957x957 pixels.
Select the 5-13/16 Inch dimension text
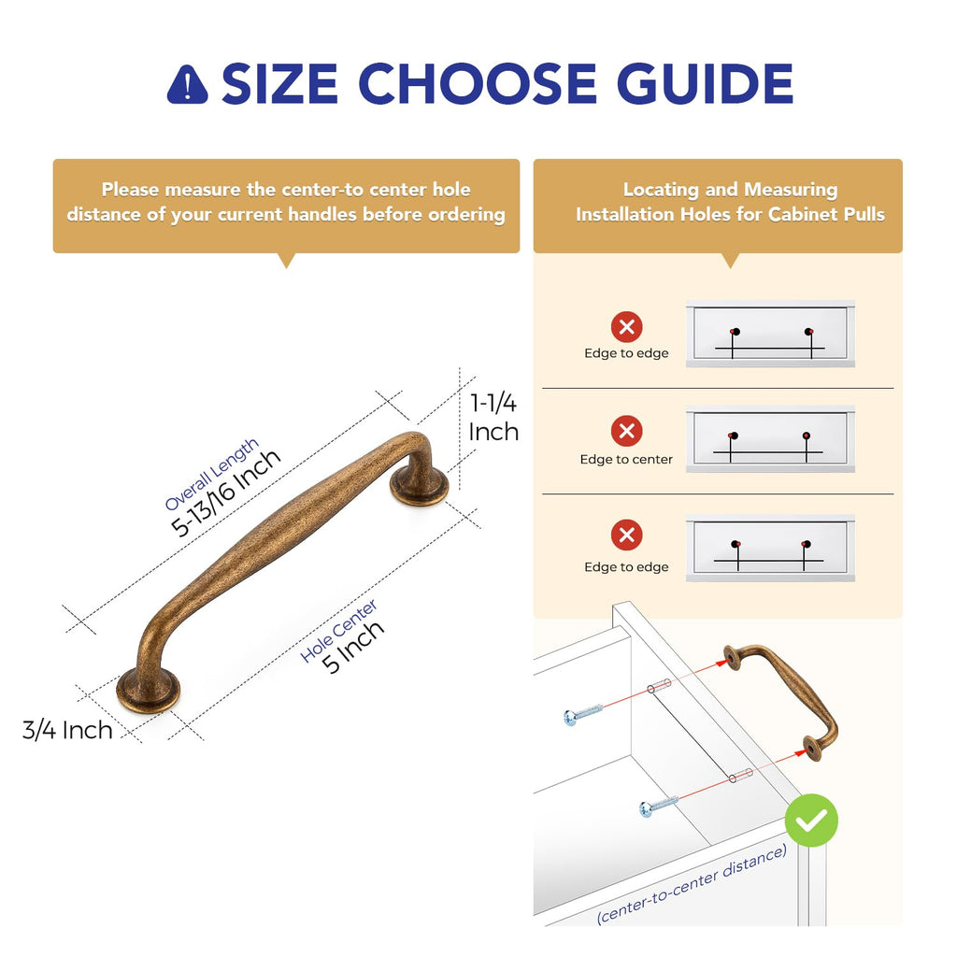pos(225,493)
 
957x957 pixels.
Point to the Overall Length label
pos(212,474)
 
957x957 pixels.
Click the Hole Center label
pos(338,631)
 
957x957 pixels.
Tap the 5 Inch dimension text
pos(353,647)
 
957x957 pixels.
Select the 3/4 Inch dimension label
pos(67,730)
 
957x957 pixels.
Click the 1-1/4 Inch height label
pos(493,418)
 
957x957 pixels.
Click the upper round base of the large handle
pos(420,486)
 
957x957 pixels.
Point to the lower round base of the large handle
pos(149,691)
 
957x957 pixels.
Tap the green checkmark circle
pos(811,821)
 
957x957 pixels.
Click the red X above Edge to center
pos(627,431)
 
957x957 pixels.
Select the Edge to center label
pos(626,459)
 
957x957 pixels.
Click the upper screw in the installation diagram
pos(583,713)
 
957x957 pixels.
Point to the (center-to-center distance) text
pos(692,884)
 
